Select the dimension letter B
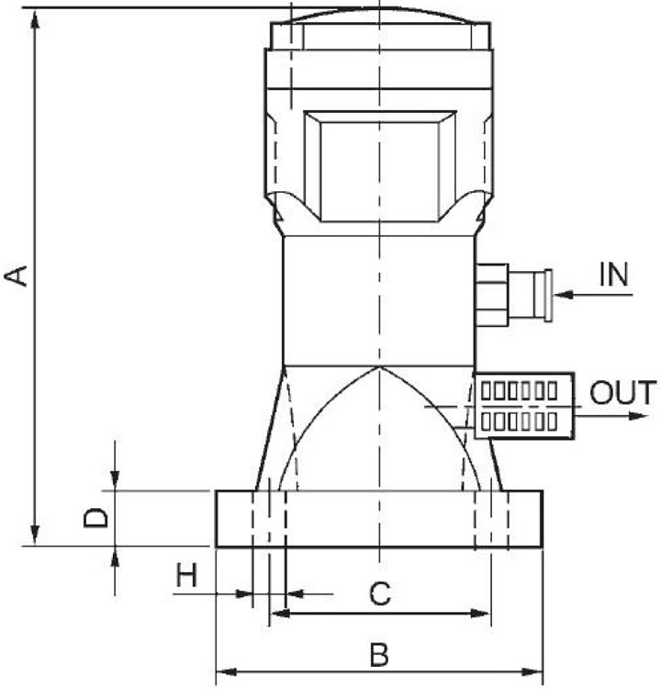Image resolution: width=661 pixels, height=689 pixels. pos(378,655)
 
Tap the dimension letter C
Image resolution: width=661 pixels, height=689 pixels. pos(380,594)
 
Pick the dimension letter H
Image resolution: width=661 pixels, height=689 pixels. pos(187,576)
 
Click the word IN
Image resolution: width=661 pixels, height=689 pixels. pos(614,275)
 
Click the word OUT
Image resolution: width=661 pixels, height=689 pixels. pos(622,393)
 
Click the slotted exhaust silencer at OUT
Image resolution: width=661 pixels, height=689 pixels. pos(521,405)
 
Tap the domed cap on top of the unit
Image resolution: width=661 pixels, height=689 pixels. pos(378,18)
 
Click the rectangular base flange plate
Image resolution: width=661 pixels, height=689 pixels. pos(379,519)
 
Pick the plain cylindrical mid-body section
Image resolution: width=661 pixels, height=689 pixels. pos(378,299)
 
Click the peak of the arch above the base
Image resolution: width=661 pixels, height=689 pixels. pos(378,368)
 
